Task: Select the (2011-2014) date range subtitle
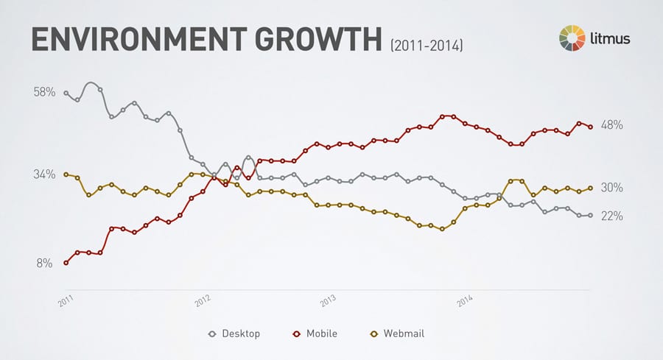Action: point(426,46)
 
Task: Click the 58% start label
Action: point(45,93)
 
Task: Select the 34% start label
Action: point(45,174)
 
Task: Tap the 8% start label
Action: point(45,263)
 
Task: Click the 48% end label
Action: point(612,125)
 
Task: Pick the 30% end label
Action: point(612,188)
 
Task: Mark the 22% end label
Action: point(612,216)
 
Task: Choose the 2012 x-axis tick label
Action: point(204,301)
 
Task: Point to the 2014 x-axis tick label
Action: point(466,301)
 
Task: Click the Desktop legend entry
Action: point(235,333)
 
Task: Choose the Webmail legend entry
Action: point(397,333)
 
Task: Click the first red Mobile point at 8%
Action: point(66,263)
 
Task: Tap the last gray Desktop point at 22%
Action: point(590,215)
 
